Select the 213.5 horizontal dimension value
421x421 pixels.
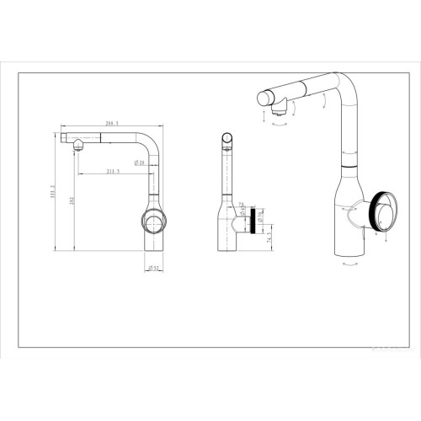coord(112,171)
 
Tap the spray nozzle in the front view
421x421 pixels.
coord(76,144)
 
